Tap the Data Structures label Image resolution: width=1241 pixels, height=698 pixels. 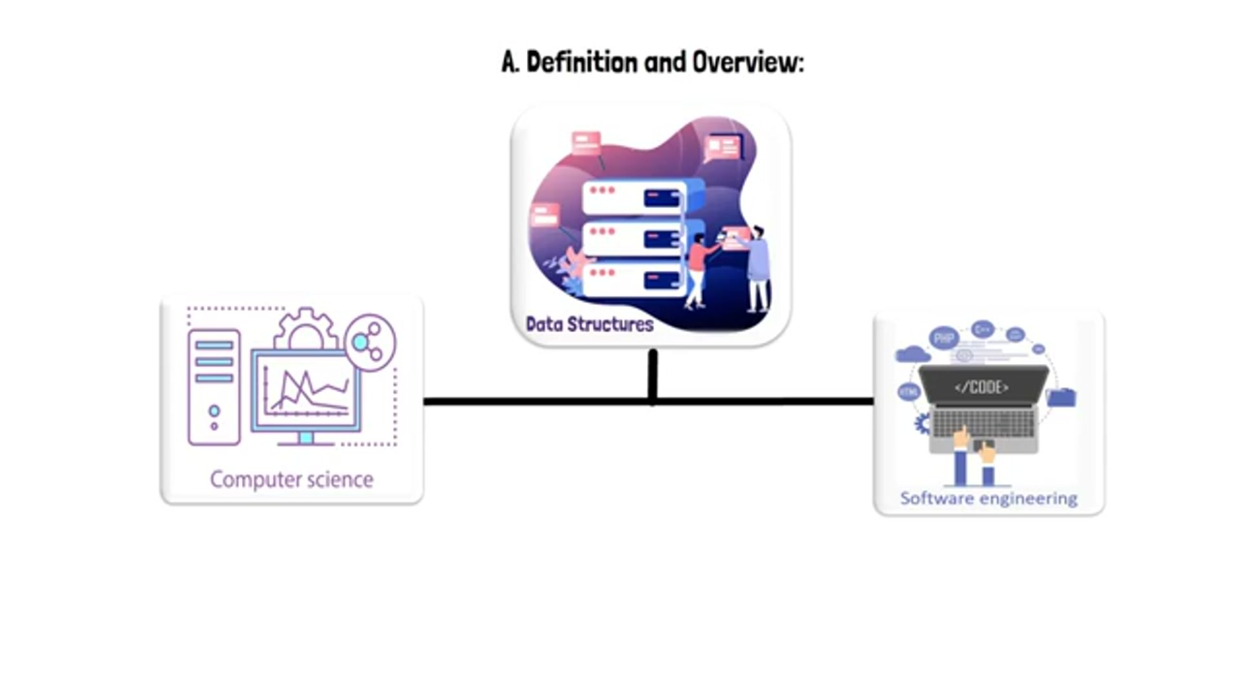tap(589, 324)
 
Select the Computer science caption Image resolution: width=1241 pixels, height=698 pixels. tap(292, 480)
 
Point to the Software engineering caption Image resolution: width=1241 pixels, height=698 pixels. tap(988, 498)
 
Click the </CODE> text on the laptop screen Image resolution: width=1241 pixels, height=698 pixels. tap(981, 387)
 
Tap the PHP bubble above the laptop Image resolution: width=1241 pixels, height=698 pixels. tap(944, 338)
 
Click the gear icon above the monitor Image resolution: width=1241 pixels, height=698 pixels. tap(306, 329)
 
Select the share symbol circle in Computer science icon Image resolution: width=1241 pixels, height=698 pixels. tap(370, 343)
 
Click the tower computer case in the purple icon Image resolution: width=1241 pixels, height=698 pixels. tap(214, 387)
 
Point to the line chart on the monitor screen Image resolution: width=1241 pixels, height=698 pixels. tap(306, 392)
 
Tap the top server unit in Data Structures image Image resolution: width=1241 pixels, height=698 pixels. tap(633, 197)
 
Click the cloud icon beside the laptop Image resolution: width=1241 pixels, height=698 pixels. tap(912, 354)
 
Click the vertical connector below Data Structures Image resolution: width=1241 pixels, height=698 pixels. tap(653, 375)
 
